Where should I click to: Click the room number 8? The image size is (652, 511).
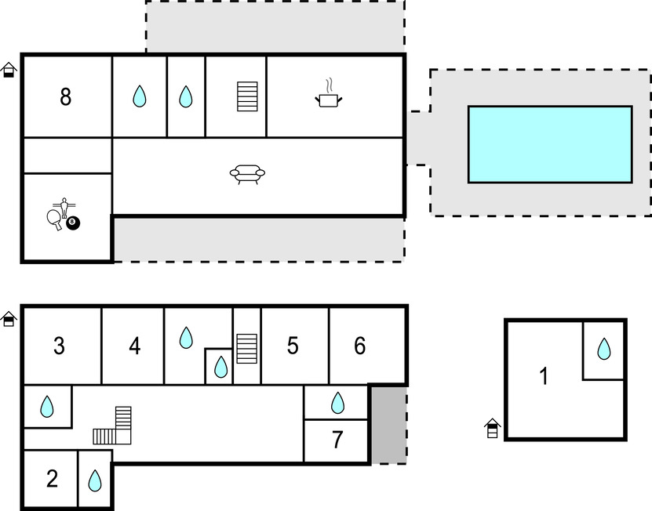[65, 97]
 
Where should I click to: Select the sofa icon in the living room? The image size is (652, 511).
[247, 174]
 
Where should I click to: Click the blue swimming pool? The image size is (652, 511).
[549, 144]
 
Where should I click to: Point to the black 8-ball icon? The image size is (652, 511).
[74, 223]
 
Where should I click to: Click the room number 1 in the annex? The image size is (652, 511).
[544, 377]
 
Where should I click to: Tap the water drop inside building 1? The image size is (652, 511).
[603, 349]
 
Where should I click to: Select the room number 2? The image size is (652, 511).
[52, 479]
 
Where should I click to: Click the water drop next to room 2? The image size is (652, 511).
[95, 480]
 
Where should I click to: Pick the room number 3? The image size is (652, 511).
[59, 346]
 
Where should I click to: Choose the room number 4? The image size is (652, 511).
[135, 346]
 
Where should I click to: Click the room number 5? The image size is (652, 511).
[293, 346]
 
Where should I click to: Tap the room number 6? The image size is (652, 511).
[360, 346]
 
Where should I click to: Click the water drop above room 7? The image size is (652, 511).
[337, 403]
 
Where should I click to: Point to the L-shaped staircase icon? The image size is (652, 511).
[114, 426]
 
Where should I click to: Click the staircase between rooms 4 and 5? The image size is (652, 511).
[247, 348]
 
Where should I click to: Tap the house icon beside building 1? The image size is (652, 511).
[492, 428]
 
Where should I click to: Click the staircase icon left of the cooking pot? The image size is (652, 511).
[247, 96]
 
